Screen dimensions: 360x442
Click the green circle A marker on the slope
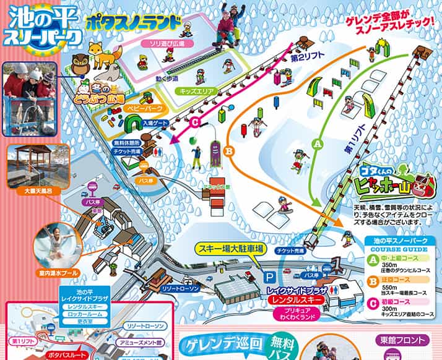point(319,143)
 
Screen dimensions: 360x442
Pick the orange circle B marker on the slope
point(229,149)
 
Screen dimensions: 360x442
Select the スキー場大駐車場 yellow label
point(232,249)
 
